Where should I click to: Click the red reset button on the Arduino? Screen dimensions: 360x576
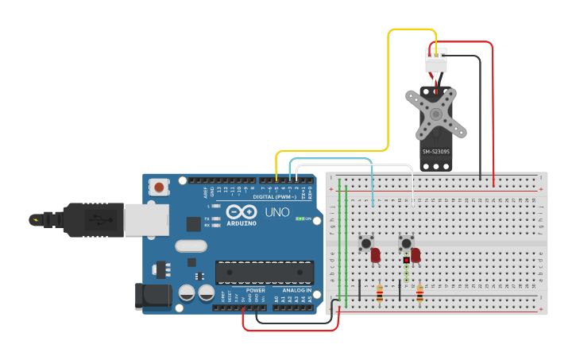click(x=159, y=188)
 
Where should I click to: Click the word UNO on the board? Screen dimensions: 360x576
click(x=276, y=213)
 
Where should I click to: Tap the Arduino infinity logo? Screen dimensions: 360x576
click(x=241, y=212)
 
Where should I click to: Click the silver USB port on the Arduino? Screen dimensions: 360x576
click(x=146, y=219)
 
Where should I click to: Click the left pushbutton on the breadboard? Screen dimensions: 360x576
click(x=366, y=242)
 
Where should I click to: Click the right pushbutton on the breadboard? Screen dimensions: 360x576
click(x=406, y=242)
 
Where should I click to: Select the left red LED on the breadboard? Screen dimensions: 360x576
click(x=376, y=255)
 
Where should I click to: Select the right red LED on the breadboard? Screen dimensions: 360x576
click(x=416, y=255)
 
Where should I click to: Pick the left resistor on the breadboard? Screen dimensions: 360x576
click(x=379, y=294)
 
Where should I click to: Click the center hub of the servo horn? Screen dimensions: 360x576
click(x=435, y=113)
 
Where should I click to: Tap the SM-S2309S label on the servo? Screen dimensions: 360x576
click(x=435, y=152)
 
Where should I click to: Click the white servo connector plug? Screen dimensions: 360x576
click(x=435, y=60)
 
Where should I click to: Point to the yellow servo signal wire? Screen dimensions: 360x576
click(x=389, y=87)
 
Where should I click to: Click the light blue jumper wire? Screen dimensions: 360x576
click(x=334, y=159)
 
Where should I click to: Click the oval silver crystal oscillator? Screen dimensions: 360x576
click(x=191, y=246)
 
